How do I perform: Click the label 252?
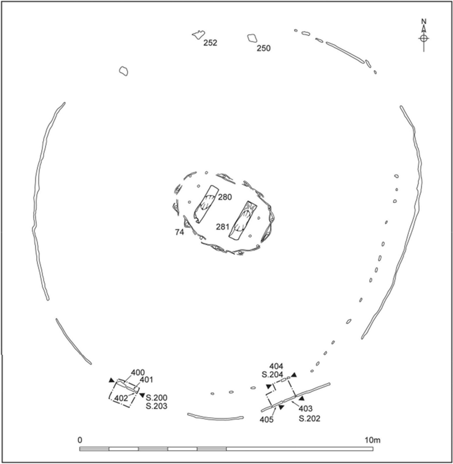[x=210, y=43]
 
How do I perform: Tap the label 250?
[x=263, y=48]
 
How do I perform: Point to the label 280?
[x=225, y=197]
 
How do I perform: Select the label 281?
[x=222, y=227]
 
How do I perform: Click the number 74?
[x=180, y=232]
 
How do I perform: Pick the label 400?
[x=137, y=372]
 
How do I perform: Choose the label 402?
[x=121, y=398]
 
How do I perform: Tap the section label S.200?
[x=156, y=398]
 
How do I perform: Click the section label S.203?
[x=156, y=406]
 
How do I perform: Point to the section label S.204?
[x=272, y=374]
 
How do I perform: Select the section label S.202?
[x=310, y=419]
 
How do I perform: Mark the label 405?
[x=267, y=420]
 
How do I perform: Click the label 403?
[x=306, y=409]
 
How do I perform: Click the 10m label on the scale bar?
[x=372, y=440]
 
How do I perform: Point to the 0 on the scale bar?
[x=80, y=440]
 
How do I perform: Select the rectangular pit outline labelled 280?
[x=206, y=204]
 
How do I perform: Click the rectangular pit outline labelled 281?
[x=243, y=221]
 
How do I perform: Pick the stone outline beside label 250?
[x=252, y=38]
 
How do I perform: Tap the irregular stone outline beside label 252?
[x=198, y=35]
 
